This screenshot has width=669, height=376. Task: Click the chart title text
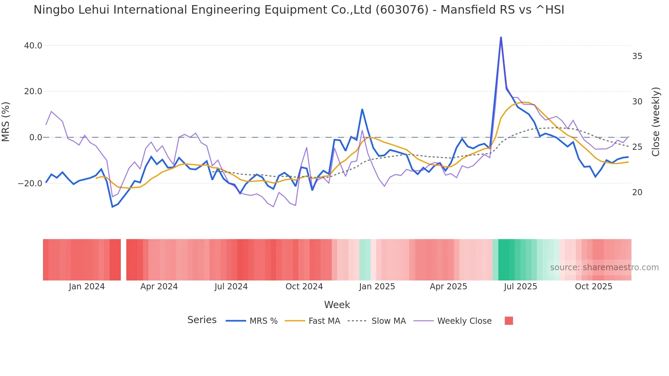(299, 10)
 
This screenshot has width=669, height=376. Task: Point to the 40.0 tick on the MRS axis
(33, 46)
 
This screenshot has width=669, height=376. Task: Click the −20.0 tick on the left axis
(30, 184)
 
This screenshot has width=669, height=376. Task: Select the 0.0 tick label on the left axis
(36, 138)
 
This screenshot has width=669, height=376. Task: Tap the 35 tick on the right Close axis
(637, 56)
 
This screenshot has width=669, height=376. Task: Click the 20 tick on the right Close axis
(637, 192)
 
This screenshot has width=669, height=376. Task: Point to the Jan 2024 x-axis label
(87, 287)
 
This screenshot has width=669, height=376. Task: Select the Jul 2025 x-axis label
(520, 287)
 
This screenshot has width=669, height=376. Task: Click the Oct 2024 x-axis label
(304, 287)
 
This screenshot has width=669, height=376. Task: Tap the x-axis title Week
(337, 305)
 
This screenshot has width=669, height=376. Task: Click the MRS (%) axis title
(6, 122)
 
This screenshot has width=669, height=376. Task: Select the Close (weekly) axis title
(655, 122)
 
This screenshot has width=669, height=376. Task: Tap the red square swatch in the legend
(509, 321)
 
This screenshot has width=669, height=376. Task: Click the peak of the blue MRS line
(501, 37)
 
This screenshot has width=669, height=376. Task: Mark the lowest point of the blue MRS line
(112, 207)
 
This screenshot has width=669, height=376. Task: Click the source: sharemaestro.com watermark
(604, 267)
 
